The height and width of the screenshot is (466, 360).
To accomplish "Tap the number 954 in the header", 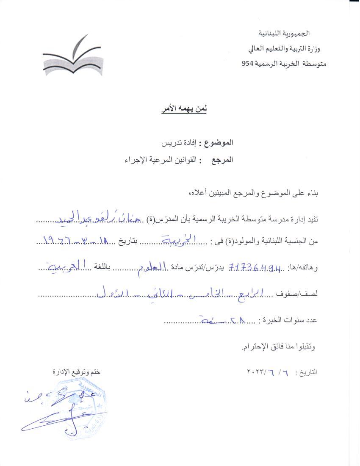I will (x=246, y=64).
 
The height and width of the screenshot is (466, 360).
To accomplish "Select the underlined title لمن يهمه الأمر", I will (x=183, y=109).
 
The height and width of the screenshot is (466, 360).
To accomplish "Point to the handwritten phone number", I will (x=255, y=267).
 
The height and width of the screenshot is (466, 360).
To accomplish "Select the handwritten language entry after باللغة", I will (x=66, y=266).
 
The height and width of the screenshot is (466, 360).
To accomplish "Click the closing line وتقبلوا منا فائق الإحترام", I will (x=279, y=347).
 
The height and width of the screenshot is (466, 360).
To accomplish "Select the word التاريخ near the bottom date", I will (x=308, y=373).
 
